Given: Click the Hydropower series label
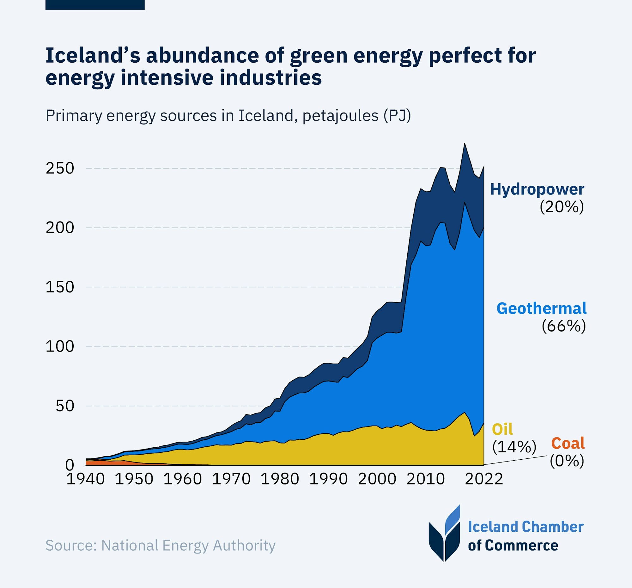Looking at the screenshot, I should (537, 189).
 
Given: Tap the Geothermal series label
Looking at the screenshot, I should (541, 309).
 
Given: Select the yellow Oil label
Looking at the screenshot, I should (502, 429).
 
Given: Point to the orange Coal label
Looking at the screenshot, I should (568, 443).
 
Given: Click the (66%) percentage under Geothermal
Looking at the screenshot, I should (564, 326).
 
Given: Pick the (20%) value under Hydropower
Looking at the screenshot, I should (562, 207).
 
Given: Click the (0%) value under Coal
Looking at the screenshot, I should (567, 461).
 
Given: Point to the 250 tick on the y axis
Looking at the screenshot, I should (60, 168).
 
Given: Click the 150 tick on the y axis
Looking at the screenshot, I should (60, 287).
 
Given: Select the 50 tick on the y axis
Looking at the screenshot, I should (65, 406).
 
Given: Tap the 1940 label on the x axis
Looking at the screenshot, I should (86, 479).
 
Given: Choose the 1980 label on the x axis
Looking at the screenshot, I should (280, 479).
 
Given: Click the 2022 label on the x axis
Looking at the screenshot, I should (484, 479).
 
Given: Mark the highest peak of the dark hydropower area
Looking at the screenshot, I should (465, 144).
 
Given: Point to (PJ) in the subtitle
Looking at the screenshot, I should (397, 115).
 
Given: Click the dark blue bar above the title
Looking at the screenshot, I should (95, 5).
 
